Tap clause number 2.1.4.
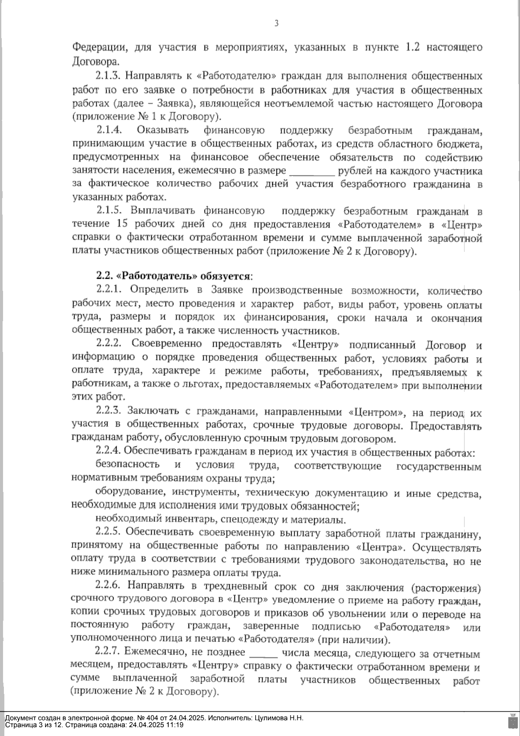(110, 130)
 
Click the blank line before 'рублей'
(312, 171)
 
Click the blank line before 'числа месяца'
(263, 654)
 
